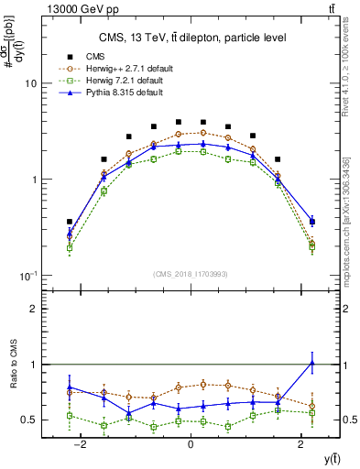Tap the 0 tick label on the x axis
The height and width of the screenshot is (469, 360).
pos(190,443)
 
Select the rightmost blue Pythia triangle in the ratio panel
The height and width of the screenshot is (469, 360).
pos(313,363)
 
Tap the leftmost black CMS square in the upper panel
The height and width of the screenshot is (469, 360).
pos(70,222)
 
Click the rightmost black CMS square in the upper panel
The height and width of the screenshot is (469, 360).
pos(313,222)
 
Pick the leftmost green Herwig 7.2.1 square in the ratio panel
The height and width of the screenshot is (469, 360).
pos(70,416)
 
